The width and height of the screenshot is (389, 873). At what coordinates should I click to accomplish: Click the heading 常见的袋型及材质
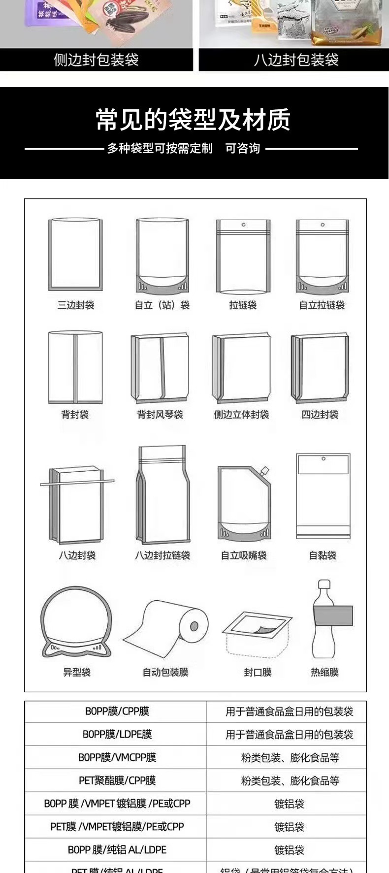point(193,120)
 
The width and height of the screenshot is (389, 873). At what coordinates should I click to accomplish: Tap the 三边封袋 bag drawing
point(75,255)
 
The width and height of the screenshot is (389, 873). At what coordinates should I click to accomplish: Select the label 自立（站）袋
point(162,305)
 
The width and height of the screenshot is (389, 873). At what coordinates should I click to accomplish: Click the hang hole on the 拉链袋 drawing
point(243,225)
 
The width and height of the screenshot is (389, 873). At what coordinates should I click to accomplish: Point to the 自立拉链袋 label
point(322,305)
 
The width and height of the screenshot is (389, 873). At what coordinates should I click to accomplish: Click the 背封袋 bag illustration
point(75,367)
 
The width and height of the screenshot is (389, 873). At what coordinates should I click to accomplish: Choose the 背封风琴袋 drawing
point(160,368)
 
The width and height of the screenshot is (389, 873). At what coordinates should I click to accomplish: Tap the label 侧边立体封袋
point(241,415)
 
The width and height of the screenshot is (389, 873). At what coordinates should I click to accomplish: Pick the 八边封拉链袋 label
point(162,555)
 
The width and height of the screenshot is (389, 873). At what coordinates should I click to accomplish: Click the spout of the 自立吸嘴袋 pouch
point(264,471)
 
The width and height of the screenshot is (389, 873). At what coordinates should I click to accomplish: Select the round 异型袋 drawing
point(76,621)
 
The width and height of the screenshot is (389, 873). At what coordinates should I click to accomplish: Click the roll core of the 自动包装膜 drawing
point(194,626)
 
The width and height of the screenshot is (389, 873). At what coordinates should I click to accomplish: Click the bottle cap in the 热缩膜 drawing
point(324,584)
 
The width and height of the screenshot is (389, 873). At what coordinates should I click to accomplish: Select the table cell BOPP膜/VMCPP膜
point(117,757)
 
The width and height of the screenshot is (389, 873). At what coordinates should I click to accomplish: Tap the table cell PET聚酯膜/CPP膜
point(117,780)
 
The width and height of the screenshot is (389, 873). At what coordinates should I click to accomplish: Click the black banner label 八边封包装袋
point(296,60)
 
